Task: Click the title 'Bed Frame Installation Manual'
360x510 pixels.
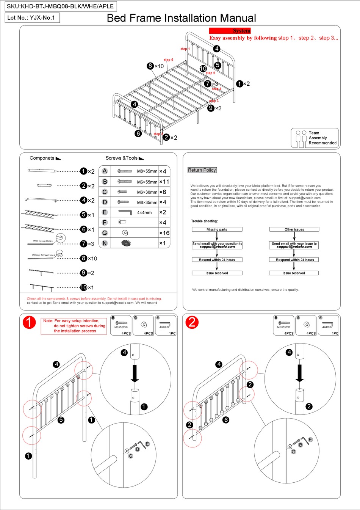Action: pos(181,18)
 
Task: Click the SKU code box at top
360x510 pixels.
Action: pos(60,6)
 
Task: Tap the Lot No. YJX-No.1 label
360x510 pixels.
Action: pos(32,18)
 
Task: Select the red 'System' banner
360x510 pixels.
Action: pos(230,31)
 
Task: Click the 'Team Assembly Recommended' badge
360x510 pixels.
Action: pos(315,138)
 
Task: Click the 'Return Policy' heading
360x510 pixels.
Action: pos(202,170)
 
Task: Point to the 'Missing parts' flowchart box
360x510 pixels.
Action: pos(217,229)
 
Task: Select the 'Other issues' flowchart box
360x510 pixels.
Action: pos(294,229)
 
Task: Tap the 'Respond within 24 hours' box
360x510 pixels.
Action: pos(294,260)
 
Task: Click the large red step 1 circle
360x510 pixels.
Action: pos(29,323)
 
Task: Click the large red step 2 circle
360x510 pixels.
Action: pos(192,322)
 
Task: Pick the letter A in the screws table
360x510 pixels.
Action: pos(105,171)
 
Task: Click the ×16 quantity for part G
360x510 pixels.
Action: pos(164,233)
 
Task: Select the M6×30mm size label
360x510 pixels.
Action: pos(147,192)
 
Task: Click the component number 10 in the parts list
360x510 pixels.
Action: pos(83,287)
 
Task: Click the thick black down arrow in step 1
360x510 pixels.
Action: pos(135,373)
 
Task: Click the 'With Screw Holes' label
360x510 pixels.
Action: pos(43,241)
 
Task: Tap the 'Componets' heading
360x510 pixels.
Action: pos(42,158)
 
